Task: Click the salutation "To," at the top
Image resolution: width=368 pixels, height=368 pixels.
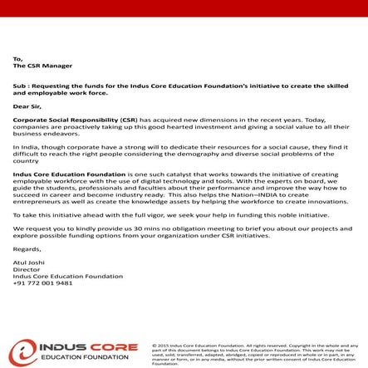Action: click(17, 59)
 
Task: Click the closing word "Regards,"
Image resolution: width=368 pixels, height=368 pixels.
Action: click(27, 248)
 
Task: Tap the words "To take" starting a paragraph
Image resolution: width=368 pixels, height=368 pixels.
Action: click(25, 214)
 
